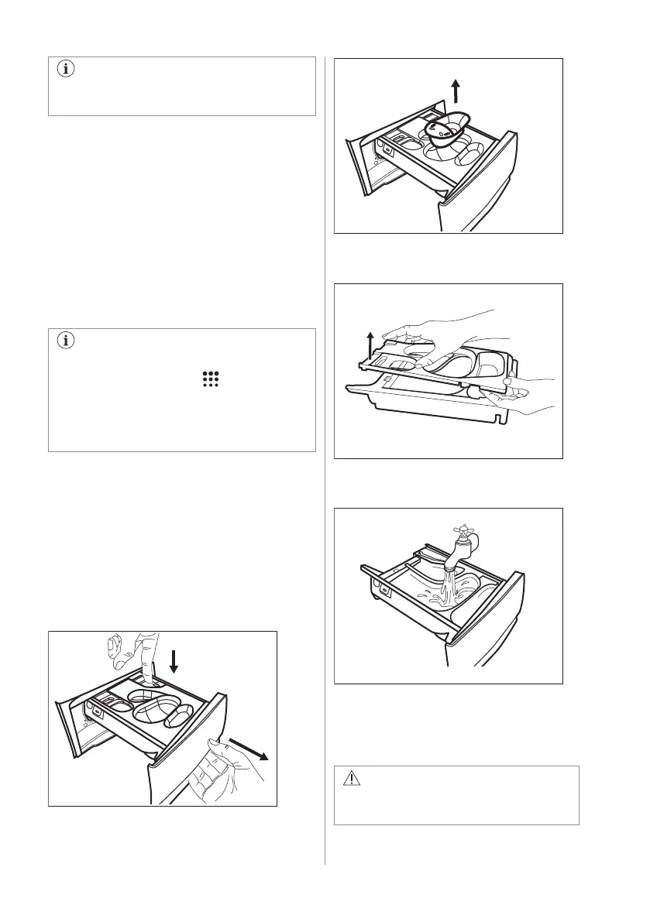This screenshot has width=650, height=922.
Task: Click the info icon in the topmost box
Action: [x=64, y=70]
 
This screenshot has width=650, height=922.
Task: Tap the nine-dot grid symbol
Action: [x=211, y=379]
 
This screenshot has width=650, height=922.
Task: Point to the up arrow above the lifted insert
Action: [x=456, y=91]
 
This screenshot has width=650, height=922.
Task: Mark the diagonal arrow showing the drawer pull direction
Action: [x=250, y=749]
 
